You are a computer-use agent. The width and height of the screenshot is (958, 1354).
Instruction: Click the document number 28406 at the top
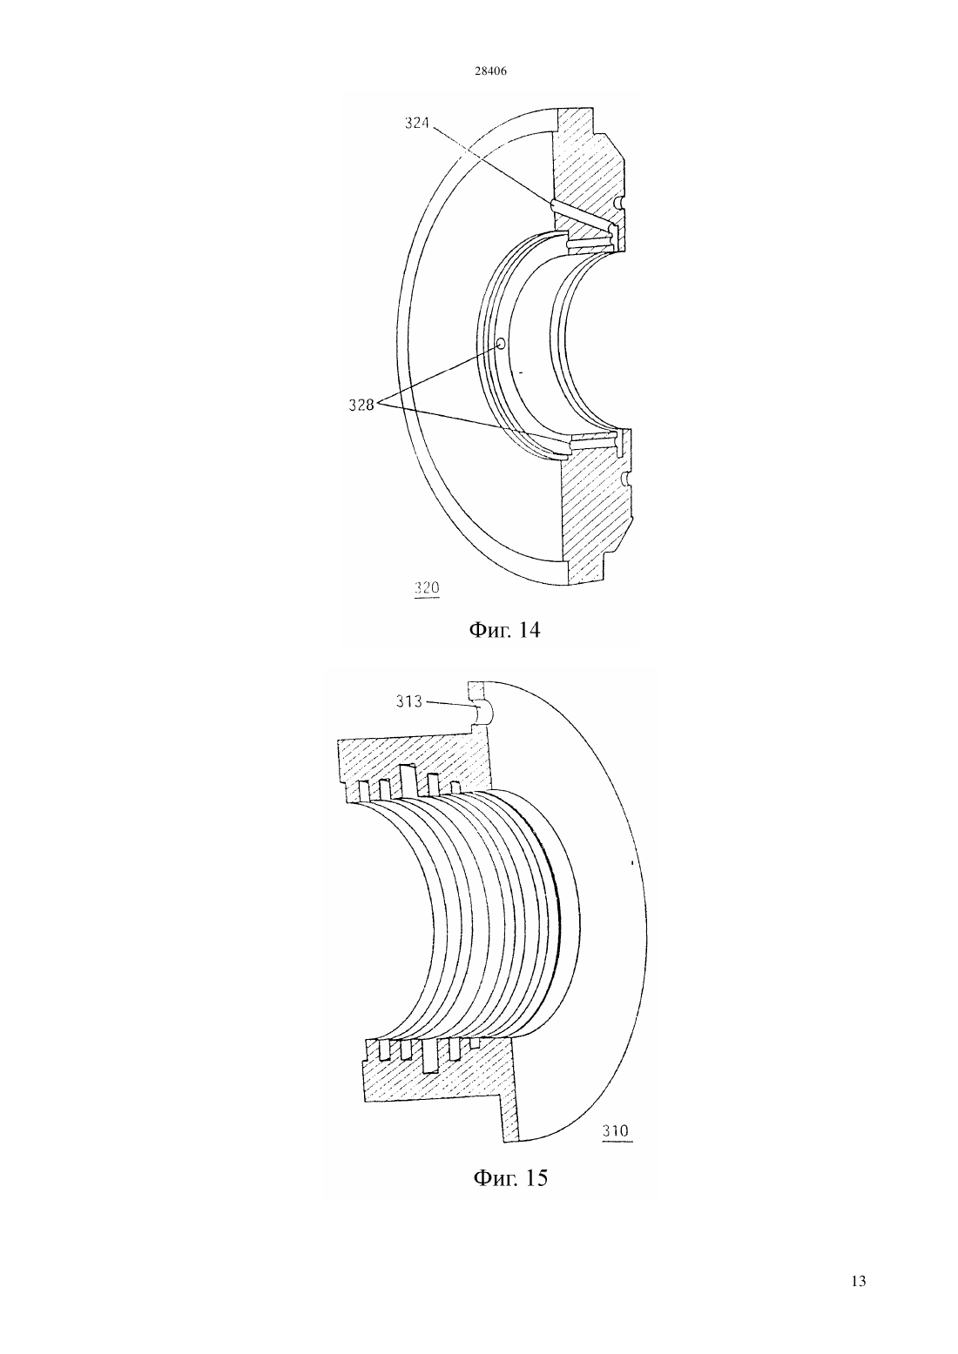pos(490,71)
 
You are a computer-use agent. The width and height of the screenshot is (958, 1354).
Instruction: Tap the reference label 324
pos(416,124)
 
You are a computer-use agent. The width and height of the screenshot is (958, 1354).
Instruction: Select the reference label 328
pos(361,405)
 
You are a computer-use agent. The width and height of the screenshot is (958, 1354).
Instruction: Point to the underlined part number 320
pos(427,588)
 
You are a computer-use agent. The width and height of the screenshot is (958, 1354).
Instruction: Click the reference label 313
pos(408,701)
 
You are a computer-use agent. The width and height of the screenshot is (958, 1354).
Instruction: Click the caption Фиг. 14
pos(504,630)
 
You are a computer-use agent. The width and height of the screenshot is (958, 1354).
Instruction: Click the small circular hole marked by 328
pos(501,344)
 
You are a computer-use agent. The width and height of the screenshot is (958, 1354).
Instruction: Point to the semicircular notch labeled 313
pos(484,713)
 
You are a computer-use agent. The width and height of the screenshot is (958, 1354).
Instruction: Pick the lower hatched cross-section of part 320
pos(593,513)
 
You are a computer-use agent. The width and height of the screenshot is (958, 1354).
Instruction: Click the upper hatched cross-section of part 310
pos(417,761)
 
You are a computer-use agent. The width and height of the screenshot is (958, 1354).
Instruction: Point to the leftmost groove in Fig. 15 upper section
pos(363,790)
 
